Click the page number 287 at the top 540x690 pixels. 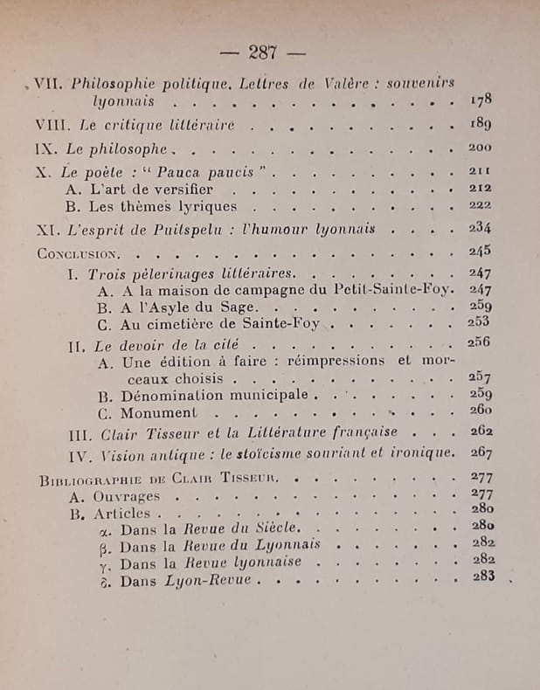tap(262, 52)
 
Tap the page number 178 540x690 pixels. tap(481, 102)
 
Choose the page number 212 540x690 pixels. tap(481, 189)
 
